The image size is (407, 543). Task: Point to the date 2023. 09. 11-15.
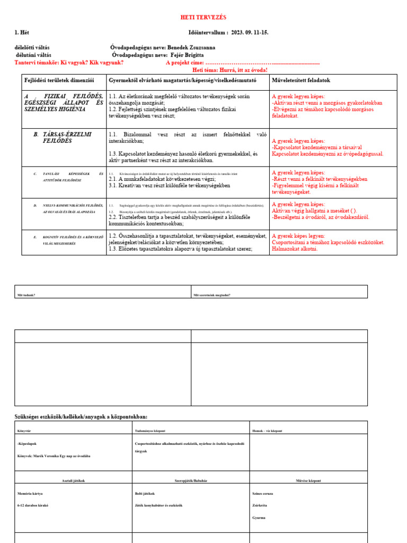249,33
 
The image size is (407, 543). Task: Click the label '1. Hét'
22,33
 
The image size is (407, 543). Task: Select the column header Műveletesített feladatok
301,81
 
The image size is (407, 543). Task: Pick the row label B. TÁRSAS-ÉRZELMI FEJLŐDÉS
63,138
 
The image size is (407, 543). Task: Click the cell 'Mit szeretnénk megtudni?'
212,295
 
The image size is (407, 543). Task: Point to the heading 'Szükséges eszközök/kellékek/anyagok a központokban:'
81,417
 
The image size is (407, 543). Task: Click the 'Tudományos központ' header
150,431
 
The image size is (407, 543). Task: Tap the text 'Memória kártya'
30,493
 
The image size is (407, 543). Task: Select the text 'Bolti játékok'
145,493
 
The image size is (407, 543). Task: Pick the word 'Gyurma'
259,518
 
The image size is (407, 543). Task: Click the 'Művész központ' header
308,480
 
